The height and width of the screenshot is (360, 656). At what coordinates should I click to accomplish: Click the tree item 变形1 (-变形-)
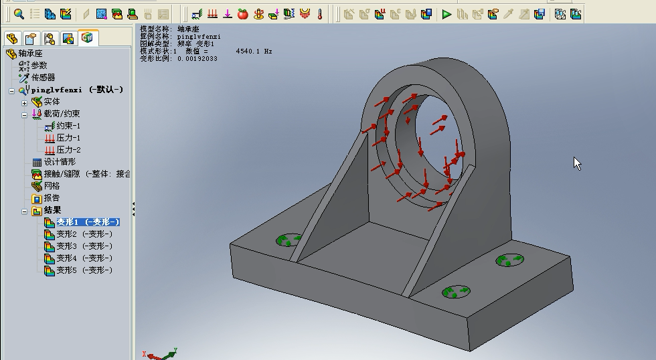pyautogui.click(x=87, y=222)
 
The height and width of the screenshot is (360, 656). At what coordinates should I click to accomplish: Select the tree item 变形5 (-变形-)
pyautogui.click(x=84, y=270)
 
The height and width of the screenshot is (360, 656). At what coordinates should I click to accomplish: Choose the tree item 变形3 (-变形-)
pyautogui.click(x=84, y=246)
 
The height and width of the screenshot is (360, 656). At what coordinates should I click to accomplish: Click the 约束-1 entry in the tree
pyautogui.click(x=68, y=126)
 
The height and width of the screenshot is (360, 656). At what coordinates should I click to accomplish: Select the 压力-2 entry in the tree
pyautogui.click(x=68, y=150)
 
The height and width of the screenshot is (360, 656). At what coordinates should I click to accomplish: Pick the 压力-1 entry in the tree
pyautogui.click(x=68, y=138)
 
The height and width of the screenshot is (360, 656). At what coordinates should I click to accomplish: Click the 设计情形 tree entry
pyautogui.click(x=60, y=162)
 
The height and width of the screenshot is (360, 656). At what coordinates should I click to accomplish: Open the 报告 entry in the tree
pyautogui.click(x=52, y=198)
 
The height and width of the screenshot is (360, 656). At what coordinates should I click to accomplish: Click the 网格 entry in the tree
pyautogui.click(x=52, y=186)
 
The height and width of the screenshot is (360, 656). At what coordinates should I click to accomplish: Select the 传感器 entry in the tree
pyautogui.click(x=43, y=78)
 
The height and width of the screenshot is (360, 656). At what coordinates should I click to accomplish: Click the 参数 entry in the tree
pyautogui.click(x=39, y=66)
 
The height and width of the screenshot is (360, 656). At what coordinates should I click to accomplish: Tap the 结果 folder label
pyautogui.click(x=52, y=210)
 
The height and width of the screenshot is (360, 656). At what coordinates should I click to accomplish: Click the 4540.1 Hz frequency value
pyautogui.click(x=254, y=51)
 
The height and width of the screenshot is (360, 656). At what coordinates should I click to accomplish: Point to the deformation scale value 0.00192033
pyautogui.click(x=197, y=58)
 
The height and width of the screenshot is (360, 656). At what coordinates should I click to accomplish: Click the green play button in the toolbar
pyautogui.click(x=446, y=13)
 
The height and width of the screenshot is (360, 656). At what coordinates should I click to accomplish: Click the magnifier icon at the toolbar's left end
pyautogui.click(x=19, y=13)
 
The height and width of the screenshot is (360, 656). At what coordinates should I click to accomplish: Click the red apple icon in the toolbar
pyautogui.click(x=242, y=13)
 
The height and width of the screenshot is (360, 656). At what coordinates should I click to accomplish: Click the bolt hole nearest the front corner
pyautogui.click(x=457, y=292)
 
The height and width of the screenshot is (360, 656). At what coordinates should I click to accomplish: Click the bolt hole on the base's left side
pyautogui.click(x=289, y=240)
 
